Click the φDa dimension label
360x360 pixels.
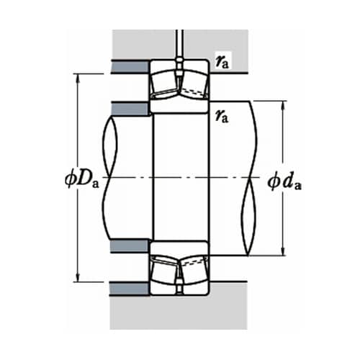(82, 180)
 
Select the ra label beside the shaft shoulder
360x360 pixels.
(222, 116)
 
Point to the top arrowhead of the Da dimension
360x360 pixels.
(78, 78)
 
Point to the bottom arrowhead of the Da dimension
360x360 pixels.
(78, 277)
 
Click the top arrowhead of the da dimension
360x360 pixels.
(284, 106)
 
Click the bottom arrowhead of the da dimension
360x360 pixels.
(284, 251)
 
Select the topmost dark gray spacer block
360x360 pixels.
(130, 66)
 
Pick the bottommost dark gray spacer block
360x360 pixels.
(130, 289)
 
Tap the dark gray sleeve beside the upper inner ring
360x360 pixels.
(130, 109)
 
